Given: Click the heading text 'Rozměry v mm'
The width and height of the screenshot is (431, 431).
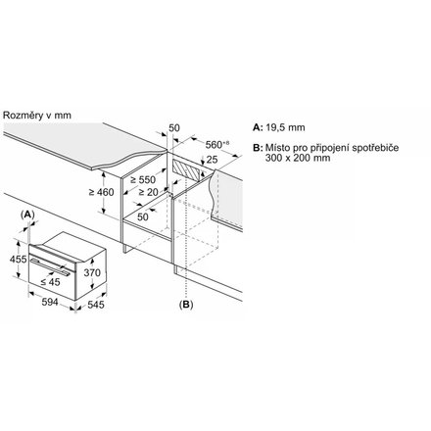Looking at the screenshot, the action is (37, 116).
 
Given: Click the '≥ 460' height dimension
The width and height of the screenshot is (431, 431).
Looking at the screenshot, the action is (102, 192).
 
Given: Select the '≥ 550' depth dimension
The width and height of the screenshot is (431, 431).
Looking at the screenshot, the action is (143, 179).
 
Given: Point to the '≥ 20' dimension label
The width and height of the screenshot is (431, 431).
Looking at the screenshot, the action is (148, 192).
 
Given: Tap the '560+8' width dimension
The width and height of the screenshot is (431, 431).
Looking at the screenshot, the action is (217, 144).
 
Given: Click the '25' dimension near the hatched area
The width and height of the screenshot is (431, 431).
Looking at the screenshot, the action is (212, 160).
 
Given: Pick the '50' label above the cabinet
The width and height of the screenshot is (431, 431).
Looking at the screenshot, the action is (174, 128).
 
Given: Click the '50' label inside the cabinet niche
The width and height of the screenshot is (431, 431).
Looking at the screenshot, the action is (143, 216).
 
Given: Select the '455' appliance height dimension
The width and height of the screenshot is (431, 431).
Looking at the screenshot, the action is (18, 260).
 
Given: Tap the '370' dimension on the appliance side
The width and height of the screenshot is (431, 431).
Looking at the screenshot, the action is (92, 272).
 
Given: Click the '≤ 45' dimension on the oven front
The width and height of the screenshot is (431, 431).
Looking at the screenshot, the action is (51, 282).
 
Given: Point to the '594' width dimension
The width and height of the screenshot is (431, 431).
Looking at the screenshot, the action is (50, 302).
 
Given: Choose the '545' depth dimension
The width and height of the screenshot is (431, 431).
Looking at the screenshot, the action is (96, 305).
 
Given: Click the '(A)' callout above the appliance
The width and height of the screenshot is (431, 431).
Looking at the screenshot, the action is (27, 215).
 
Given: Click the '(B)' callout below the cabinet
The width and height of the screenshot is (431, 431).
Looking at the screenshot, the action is (186, 305).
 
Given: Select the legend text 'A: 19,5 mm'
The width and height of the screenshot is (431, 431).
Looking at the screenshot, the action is (279, 127).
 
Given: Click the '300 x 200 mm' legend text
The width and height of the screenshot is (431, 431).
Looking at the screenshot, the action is (298, 158).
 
